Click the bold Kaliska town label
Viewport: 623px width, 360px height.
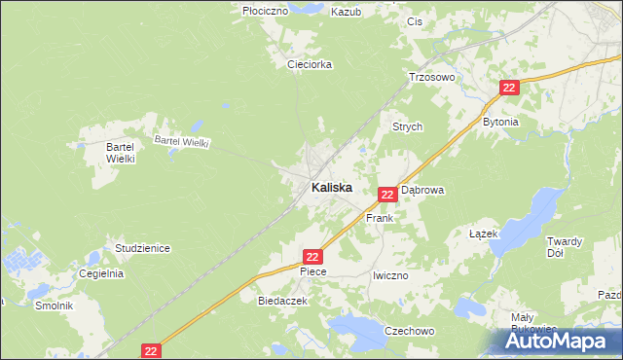331,187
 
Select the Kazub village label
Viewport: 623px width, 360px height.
346,12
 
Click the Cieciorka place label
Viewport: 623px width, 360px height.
310,64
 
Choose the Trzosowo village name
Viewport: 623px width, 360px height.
431,77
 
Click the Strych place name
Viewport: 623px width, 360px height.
407,126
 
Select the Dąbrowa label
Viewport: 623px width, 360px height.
422,191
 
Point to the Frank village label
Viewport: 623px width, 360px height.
379,219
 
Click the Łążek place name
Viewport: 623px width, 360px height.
484,234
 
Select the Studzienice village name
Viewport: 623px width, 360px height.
142,248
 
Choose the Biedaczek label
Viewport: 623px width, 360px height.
282,302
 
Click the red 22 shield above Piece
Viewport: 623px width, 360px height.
311,256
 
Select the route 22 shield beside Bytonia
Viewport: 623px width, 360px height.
511,88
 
